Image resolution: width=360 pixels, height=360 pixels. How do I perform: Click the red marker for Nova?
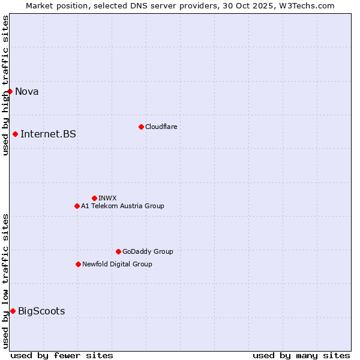click(x=10, y=91)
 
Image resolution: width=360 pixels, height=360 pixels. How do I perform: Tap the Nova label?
click(x=26, y=91)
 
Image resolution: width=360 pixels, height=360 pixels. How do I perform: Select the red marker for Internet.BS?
click(x=15, y=134)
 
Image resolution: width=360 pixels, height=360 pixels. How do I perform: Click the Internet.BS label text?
click(x=48, y=134)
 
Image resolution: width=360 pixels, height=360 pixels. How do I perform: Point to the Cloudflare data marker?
click(x=141, y=127)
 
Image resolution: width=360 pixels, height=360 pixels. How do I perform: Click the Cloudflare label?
click(x=161, y=127)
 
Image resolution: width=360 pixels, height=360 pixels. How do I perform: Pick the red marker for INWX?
click(x=94, y=198)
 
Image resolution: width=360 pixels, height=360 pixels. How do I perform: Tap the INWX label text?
click(x=107, y=198)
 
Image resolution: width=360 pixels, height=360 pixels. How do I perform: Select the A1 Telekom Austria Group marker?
click(x=77, y=206)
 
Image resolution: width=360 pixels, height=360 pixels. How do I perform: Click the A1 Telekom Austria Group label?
click(x=122, y=206)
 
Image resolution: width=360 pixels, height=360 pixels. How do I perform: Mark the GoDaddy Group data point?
click(x=118, y=251)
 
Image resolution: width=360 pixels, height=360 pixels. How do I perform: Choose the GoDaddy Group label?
click(x=148, y=251)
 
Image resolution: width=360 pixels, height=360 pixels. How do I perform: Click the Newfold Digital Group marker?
click(x=78, y=264)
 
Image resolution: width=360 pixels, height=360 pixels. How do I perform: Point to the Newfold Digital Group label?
click(x=117, y=264)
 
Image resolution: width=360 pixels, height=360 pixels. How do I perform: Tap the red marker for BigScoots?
click(x=13, y=311)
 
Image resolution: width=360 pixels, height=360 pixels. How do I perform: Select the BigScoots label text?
click(x=41, y=311)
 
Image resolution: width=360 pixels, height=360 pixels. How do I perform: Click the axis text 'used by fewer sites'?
click(x=62, y=355)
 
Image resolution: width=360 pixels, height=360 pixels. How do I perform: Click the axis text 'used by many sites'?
click(x=301, y=355)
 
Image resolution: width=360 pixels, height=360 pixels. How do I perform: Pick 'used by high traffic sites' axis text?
click(x=5, y=85)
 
